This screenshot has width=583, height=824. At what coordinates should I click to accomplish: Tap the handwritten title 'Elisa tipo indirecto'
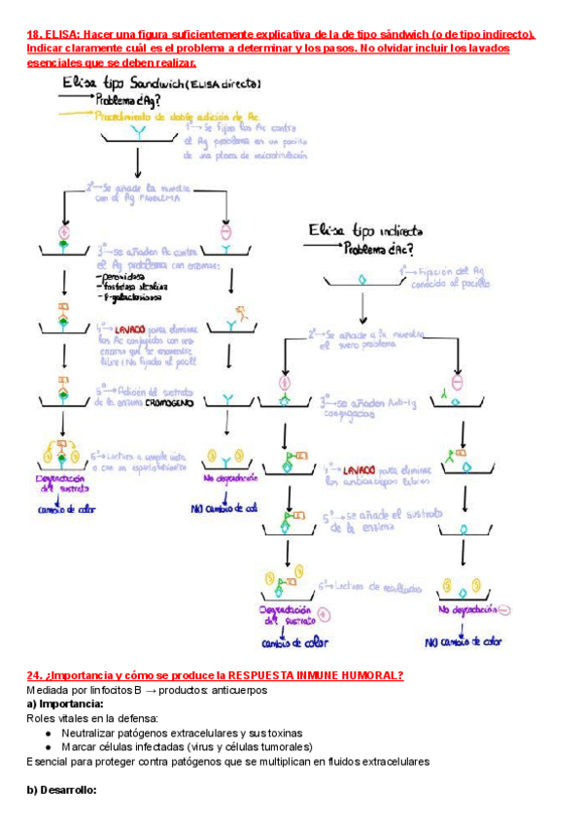363,231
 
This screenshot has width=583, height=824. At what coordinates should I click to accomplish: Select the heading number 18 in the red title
33,32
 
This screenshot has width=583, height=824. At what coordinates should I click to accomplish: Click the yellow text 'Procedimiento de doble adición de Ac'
179,116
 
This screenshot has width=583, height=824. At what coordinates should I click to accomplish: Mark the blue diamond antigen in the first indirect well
363,279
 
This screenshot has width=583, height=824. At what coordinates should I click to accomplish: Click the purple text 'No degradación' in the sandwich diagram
231,478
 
